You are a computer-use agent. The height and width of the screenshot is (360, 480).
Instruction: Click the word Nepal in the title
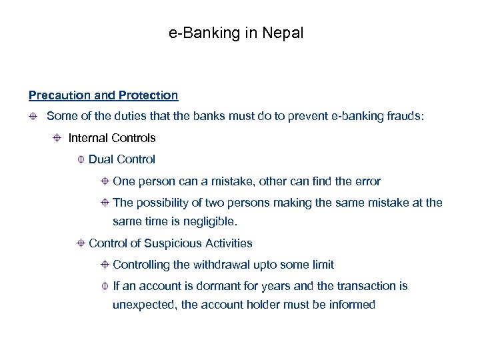[x=283, y=33]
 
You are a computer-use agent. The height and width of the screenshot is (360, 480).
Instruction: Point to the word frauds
[x=405, y=117]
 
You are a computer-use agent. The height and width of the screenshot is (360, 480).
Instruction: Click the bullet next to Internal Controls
[x=57, y=138]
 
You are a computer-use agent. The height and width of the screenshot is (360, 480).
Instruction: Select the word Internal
[x=89, y=138]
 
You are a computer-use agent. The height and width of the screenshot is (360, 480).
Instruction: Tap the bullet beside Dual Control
[x=81, y=159]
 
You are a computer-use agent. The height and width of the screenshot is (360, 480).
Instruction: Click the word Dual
[x=101, y=159]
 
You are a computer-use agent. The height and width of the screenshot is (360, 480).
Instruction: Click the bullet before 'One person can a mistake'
[x=105, y=181]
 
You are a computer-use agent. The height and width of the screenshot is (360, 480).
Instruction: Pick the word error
[x=366, y=181]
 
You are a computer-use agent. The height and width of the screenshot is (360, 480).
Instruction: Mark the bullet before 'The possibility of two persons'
[x=105, y=202]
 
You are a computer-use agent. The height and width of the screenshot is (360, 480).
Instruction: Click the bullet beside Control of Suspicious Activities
[x=81, y=243]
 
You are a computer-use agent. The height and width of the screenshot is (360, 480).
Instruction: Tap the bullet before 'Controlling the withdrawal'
[x=105, y=265]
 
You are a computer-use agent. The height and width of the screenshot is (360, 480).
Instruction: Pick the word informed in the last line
[x=353, y=305]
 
